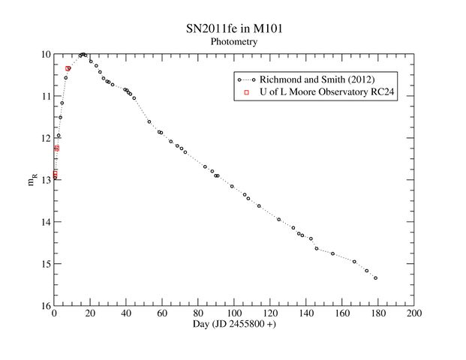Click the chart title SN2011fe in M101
[x=234, y=29]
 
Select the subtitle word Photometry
[x=234, y=43]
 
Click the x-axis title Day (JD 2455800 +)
[x=234, y=325]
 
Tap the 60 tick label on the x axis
[x=162, y=313]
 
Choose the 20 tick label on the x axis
[x=90, y=313]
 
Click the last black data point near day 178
[x=375, y=278]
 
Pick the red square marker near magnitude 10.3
[x=68, y=68]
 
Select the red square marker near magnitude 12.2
[x=57, y=148]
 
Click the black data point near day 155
[x=332, y=253]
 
